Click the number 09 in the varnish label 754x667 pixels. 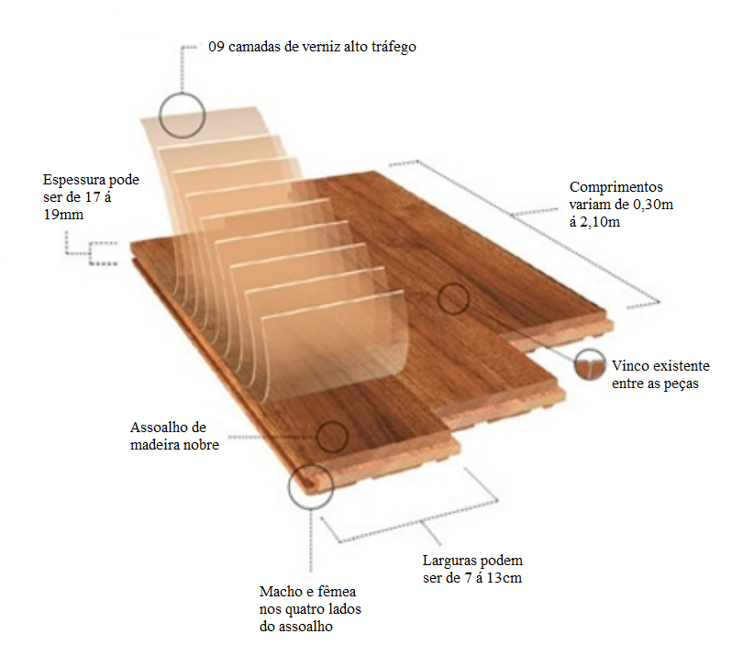click(216, 46)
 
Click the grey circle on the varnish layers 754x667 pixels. click(181, 116)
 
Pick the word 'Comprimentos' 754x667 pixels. click(615, 186)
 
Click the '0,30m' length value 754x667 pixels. click(652, 204)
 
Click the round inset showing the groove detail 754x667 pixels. click(590, 364)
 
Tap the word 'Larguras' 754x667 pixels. click(452, 561)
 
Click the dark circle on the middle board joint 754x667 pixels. click(452, 299)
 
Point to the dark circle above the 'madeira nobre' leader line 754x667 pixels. click(331, 437)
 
